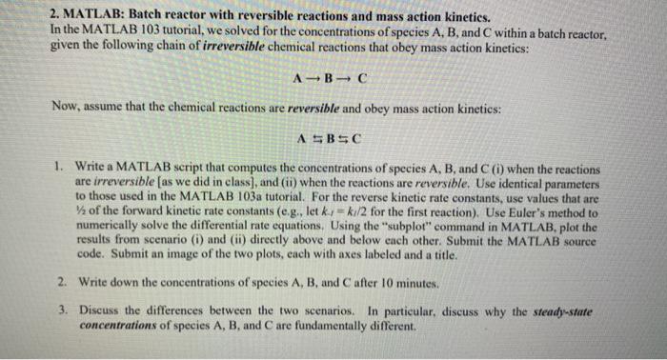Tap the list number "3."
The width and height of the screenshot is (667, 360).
(59, 311)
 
